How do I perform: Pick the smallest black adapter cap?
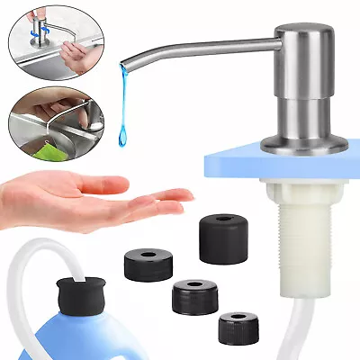[x=238, y=327]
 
